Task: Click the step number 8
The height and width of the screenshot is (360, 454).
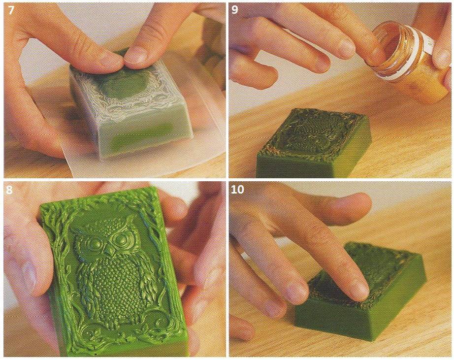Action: pos(9,190)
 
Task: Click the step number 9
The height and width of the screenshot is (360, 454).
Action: pos(235,10)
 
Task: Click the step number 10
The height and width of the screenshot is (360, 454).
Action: pos(238,190)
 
